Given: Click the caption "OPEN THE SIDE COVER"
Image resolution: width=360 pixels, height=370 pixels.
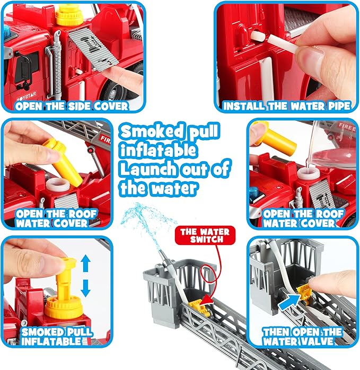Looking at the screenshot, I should click(72, 105).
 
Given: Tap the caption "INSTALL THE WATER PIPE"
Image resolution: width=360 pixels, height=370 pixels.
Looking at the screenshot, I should click(287, 105).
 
